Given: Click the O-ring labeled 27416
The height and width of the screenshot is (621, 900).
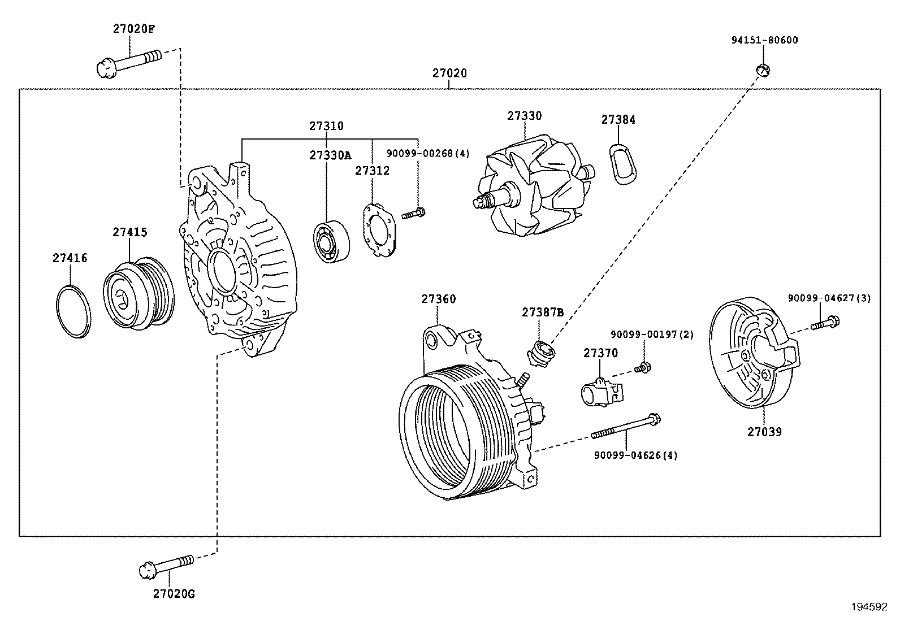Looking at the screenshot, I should point(73,312).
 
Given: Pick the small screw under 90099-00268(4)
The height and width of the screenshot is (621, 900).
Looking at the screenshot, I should point(414,214).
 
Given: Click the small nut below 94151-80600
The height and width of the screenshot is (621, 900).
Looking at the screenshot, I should point(763,70).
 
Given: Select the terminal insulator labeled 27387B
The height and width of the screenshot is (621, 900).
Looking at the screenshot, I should point(541,354).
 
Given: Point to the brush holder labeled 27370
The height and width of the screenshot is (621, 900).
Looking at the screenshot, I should point(601,391).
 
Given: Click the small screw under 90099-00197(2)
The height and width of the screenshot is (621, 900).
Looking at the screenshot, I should point(642,368).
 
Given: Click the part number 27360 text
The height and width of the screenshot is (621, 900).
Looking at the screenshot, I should point(438,299).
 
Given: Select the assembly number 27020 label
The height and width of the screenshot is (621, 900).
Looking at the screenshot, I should point(449,73).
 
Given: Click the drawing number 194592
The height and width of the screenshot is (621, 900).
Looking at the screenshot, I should point(869,607).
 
